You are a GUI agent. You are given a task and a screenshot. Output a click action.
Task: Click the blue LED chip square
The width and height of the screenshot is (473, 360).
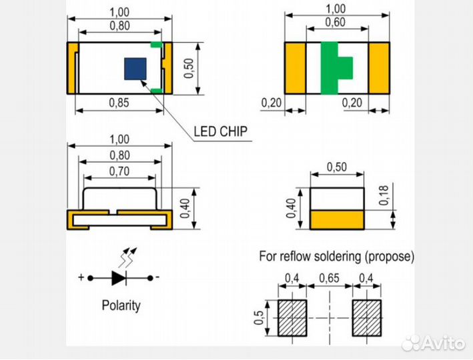coord(135,67)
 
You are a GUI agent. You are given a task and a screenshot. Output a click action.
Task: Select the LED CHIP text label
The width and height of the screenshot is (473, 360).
coord(220,131)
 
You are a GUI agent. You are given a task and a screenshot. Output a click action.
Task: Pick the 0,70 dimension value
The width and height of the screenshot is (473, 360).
coord(119,171)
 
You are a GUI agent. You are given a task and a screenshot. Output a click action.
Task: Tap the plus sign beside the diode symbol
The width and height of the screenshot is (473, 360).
coord(81,277)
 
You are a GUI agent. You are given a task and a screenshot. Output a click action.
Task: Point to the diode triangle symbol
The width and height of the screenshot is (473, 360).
coord(119,277)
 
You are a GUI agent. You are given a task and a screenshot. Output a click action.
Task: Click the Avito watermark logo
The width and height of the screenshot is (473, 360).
coord(434,343)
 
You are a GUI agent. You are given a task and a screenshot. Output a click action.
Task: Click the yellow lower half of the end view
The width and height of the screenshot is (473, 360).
coord(338,219)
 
